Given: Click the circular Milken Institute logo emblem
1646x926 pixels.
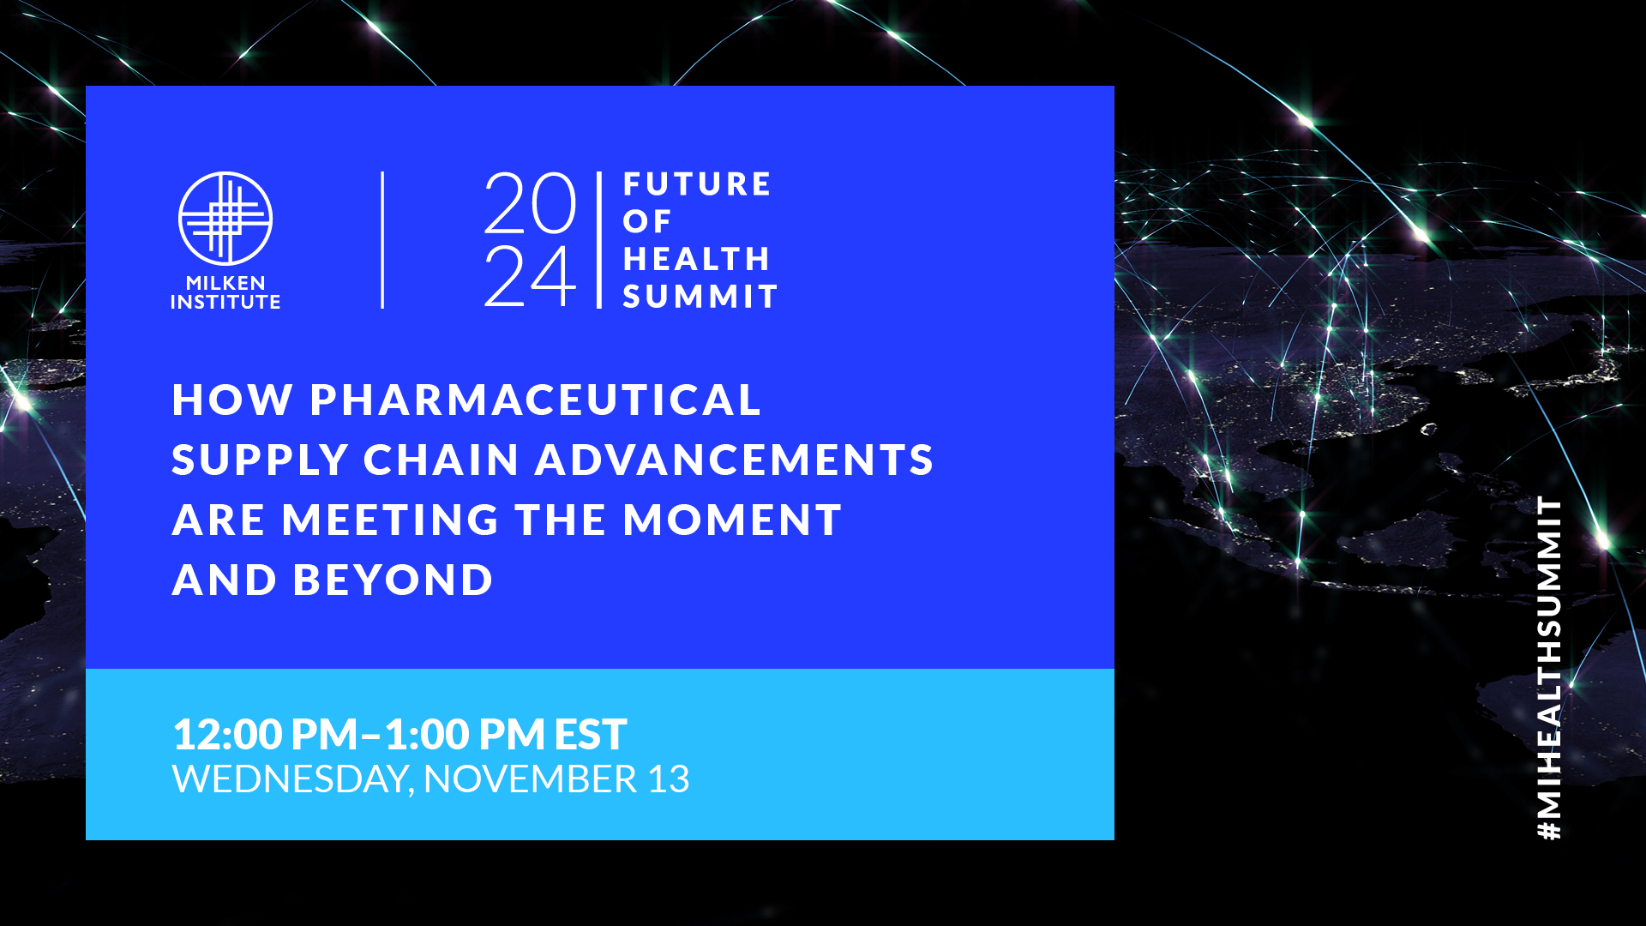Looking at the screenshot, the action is pos(225,219).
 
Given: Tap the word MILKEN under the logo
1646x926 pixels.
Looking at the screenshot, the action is pos(225,283).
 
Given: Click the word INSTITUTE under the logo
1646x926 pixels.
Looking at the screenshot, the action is pos(225,302).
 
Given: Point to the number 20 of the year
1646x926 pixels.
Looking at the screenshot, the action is pos(530,203).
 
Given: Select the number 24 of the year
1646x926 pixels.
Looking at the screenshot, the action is pos(530,275).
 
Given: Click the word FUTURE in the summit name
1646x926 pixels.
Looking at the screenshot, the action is pos(697,184).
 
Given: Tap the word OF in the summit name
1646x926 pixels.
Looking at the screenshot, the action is pos(647,221).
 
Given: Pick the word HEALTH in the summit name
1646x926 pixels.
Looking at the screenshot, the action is pos(696,259).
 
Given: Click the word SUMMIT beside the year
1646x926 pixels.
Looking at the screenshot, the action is pos(700,297).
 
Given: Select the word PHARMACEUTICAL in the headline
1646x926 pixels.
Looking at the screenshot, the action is pos(536,400).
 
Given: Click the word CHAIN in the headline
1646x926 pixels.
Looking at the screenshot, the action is pos(442,460).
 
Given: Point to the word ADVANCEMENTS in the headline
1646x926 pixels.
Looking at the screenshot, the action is pos(735,460).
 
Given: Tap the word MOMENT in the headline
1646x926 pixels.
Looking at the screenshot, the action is pos(733,520).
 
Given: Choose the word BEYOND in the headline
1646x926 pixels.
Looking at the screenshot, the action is pos(393,580).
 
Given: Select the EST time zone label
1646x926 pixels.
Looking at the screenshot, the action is pos(591,735).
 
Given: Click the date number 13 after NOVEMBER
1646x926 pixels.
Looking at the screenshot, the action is pos(669,779).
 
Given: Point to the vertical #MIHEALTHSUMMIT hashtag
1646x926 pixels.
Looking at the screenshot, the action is pos(1549,668).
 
